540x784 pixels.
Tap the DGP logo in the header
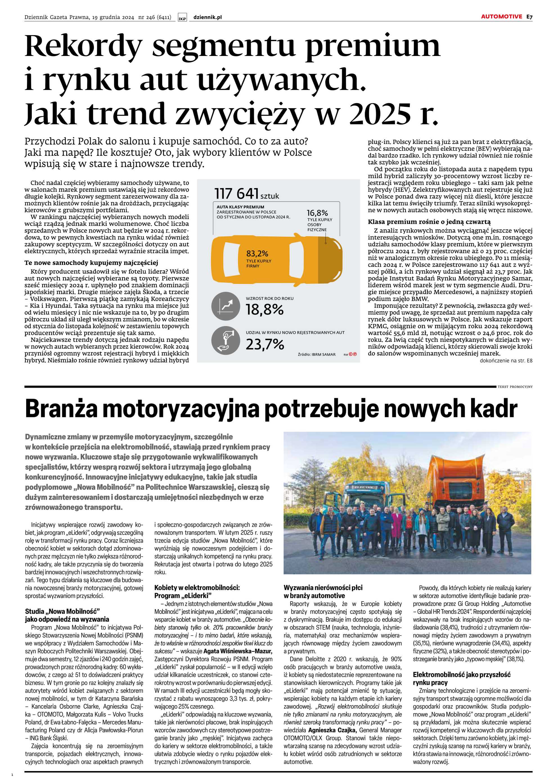[x=182, y=18]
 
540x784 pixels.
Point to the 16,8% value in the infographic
[x=317, y=213]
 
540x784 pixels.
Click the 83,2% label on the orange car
[x=257, y=254]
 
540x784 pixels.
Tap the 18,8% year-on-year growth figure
[x=264, y=310]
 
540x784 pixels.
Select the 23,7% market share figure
[x=265, y=345]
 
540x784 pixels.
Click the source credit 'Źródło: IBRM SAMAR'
[x=317, y=354]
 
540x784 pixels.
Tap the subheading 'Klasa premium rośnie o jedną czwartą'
[x=429, y=222]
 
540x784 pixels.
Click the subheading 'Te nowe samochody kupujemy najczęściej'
[x=91, y=263]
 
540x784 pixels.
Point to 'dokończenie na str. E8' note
[x=506, y=361]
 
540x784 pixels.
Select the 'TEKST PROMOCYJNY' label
[x=515, y=387]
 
